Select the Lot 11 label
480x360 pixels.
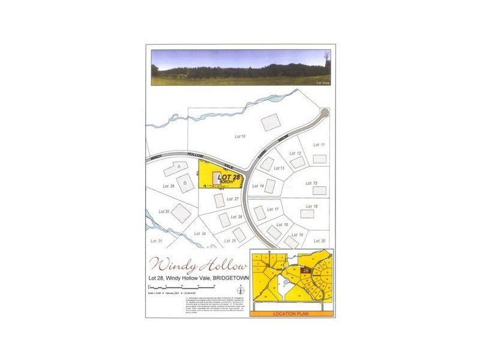319,145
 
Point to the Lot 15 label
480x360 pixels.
311,183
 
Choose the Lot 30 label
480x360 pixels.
164,211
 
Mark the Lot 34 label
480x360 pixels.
200,233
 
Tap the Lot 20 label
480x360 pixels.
319,241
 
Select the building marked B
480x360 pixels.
186,182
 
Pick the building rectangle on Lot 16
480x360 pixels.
307,214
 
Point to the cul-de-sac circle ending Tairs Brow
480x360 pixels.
325,113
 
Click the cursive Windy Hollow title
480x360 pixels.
198,265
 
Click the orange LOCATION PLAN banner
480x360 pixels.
290,313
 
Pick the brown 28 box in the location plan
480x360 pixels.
305,272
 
